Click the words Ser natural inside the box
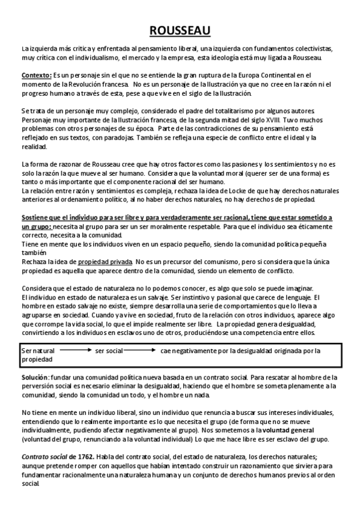37,351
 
